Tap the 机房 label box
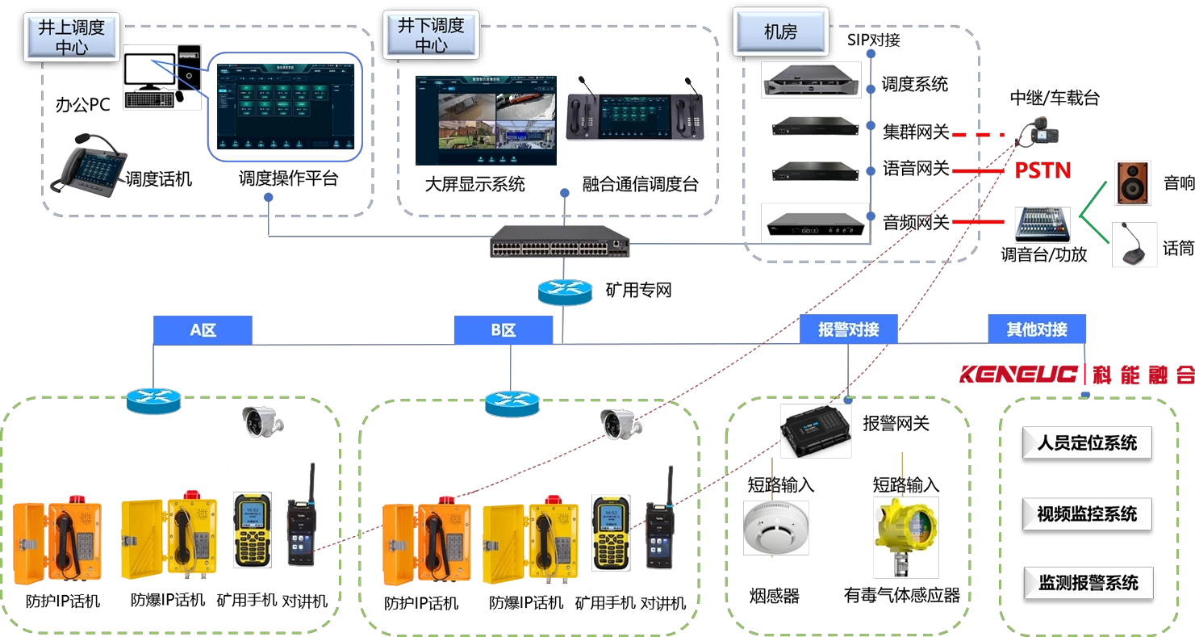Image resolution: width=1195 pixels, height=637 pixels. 780,32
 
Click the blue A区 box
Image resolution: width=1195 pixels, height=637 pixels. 203,329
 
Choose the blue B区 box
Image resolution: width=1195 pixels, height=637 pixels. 503,329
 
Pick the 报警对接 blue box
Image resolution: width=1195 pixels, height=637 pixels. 848,329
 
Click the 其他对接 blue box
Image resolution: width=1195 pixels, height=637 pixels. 1037,329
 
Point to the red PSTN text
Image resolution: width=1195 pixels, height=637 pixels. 1042,171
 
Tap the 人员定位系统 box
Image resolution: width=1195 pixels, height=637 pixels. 1087,443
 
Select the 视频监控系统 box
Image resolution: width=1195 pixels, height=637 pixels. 1087,513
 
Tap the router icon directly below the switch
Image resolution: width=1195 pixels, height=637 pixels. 565,292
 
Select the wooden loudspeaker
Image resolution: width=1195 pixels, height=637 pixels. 1133,182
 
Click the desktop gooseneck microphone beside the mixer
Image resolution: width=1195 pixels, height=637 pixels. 1135,245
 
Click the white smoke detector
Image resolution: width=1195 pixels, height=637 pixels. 775,526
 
